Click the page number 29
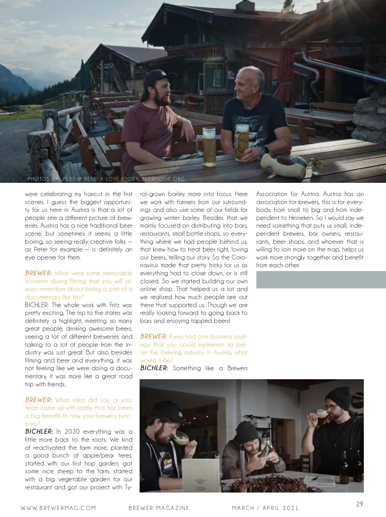pyautogui.click(x=359, y=504)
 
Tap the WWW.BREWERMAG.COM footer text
pyautogui.click(x=58, y=508)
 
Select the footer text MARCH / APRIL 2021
pyautogui.click(x=265, y=508)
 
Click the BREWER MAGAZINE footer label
pyautogui.click(x=159, y=508)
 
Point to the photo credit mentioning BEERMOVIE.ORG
pyautogui.click(x=106, y=179)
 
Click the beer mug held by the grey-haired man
pyautogui.click(x=242, y=142)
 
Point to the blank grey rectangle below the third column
pyautogui.click(x=321, y=279)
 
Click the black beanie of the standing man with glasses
pyautogui.click(x=338, y=398)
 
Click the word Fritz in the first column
pyautogui.click(x=114, y=305)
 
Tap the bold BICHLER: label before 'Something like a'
pyautogui.click(x=154, y=368)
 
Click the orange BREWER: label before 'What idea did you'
pyautogui.click(x=38, y=400)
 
